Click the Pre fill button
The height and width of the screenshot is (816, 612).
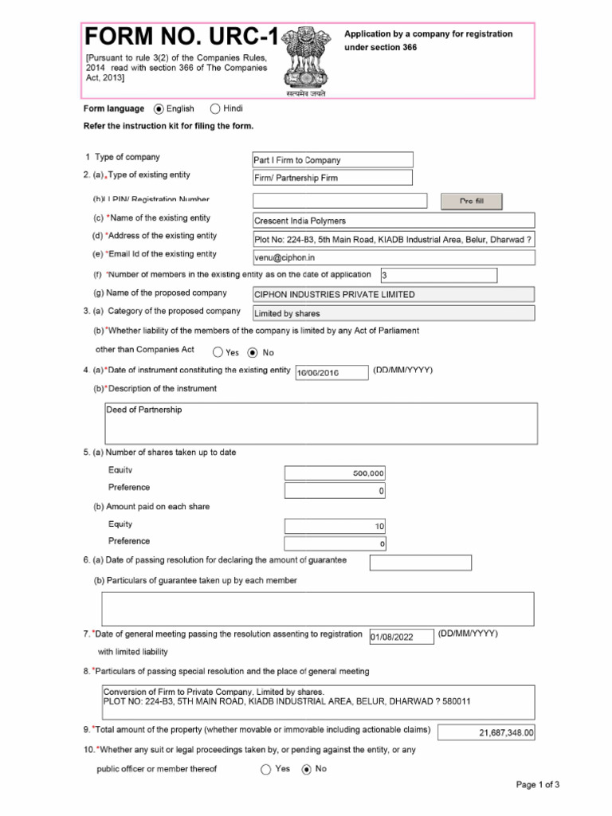[472, 202]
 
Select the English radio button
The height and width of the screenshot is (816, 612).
[159, 109]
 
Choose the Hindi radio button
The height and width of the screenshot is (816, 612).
[216, 109]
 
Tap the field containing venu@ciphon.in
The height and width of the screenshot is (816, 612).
[393, 257]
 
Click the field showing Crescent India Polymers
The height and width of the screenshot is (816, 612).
[393, 221]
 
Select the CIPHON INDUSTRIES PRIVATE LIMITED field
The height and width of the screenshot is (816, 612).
[393, 294]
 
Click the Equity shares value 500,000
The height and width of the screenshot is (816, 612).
[335, 473]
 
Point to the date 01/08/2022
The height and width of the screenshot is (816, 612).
[402, 637]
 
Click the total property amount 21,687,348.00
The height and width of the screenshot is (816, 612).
[487, 732]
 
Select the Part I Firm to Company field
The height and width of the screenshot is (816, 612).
[332, 160]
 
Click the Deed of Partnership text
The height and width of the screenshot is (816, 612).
[144, 410]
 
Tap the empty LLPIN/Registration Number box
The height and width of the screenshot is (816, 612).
[339, 201]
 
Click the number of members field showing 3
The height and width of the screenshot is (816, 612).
[438, 276]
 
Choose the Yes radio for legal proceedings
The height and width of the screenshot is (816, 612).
[265, 770]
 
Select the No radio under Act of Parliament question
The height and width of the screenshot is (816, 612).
[253, 352]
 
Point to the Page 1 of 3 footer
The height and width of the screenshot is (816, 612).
[538, 785]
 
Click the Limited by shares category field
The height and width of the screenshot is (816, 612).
[393, 313]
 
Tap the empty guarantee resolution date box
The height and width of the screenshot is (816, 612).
[420, 563]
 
